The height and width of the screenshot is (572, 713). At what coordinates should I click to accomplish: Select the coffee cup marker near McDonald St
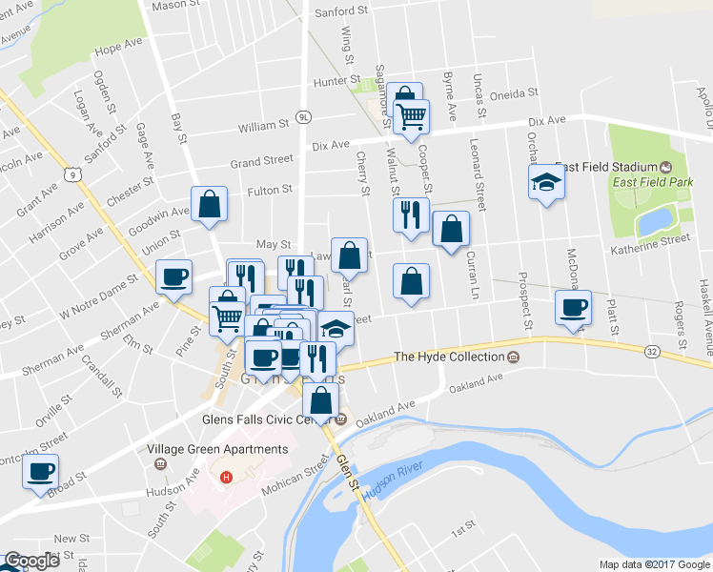(x=574, y=308)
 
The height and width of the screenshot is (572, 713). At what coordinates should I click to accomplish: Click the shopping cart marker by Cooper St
(x=413, y=116)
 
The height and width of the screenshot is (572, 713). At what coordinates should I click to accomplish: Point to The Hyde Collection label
(x=448, y=357)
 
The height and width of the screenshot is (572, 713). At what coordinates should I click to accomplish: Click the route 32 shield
(x=652, y=352)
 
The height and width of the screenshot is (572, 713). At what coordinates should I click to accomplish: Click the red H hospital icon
(x=226, y=477)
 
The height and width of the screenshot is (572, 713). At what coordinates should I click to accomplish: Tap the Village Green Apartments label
(x=217, y=449)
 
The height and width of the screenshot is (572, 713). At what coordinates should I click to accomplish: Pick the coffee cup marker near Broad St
(x=41, y=471)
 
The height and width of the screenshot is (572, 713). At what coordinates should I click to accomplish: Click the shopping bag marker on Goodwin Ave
(x=209, y=203)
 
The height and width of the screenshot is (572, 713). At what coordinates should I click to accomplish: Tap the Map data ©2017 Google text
(x=654, y=564)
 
